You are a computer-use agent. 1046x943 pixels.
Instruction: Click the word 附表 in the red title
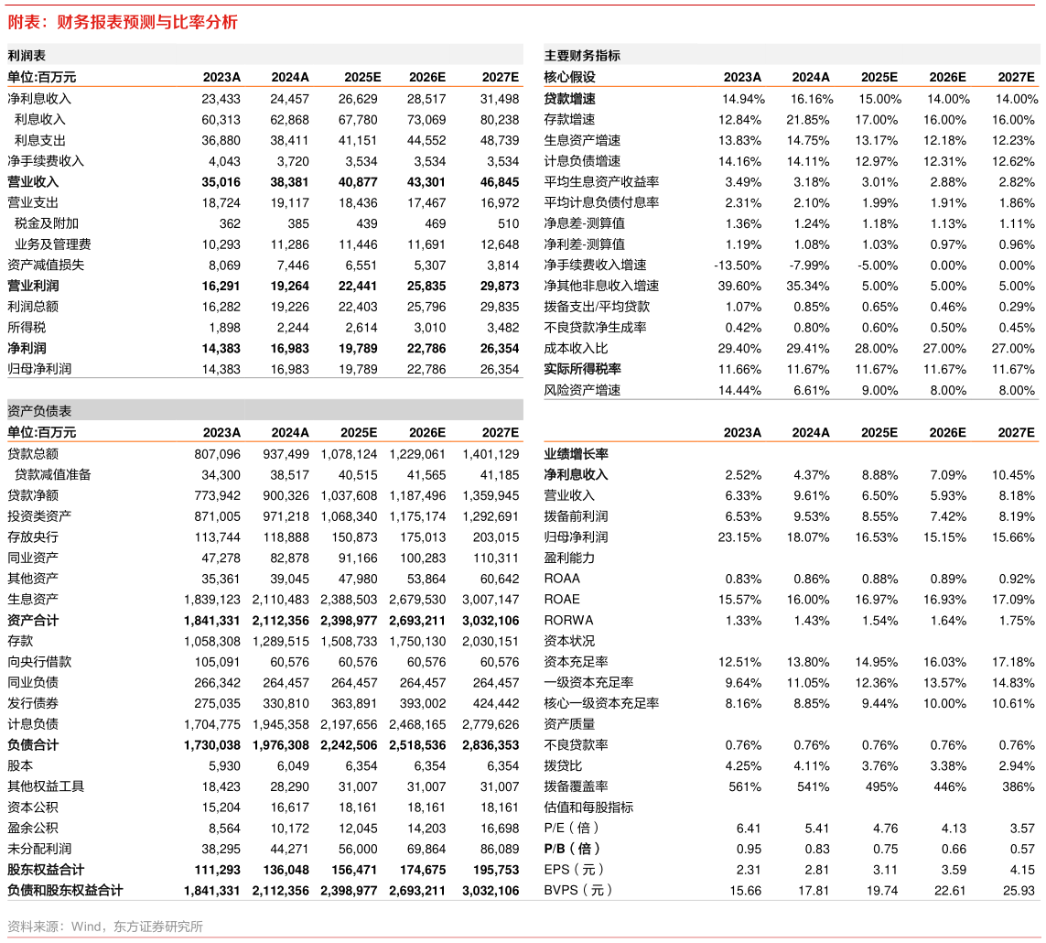[x=24, y=22]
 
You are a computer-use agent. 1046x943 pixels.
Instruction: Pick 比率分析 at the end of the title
[x=205, y=22]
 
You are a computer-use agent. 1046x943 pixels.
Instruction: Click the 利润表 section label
[x=27, y=56]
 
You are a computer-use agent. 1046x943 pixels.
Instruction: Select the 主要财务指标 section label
[x=582, y=56]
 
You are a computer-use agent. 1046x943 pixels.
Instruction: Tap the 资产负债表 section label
[x=39, y=411]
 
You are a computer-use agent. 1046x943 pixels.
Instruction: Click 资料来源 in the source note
[x=33, y=927]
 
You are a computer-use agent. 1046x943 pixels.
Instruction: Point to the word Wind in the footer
[x=86, y=927]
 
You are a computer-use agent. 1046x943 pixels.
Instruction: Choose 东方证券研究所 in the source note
[x=158, y=927]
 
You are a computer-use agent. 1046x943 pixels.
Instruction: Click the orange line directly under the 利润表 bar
[x=265, y=86]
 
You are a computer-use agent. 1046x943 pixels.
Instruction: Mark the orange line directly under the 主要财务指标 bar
[x=792, y=86]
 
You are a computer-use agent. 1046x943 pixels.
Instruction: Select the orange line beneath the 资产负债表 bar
[x=265, y=441]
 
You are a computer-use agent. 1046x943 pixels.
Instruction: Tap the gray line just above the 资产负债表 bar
[x=265, y=378]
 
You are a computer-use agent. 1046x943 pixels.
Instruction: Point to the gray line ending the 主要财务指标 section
[x=792, y=399]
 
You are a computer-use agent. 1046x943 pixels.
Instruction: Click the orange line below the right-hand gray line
[x=792, y=441]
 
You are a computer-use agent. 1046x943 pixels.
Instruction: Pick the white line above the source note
[x=523, y=900]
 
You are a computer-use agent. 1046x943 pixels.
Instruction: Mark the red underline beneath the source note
[x=523, y=938]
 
